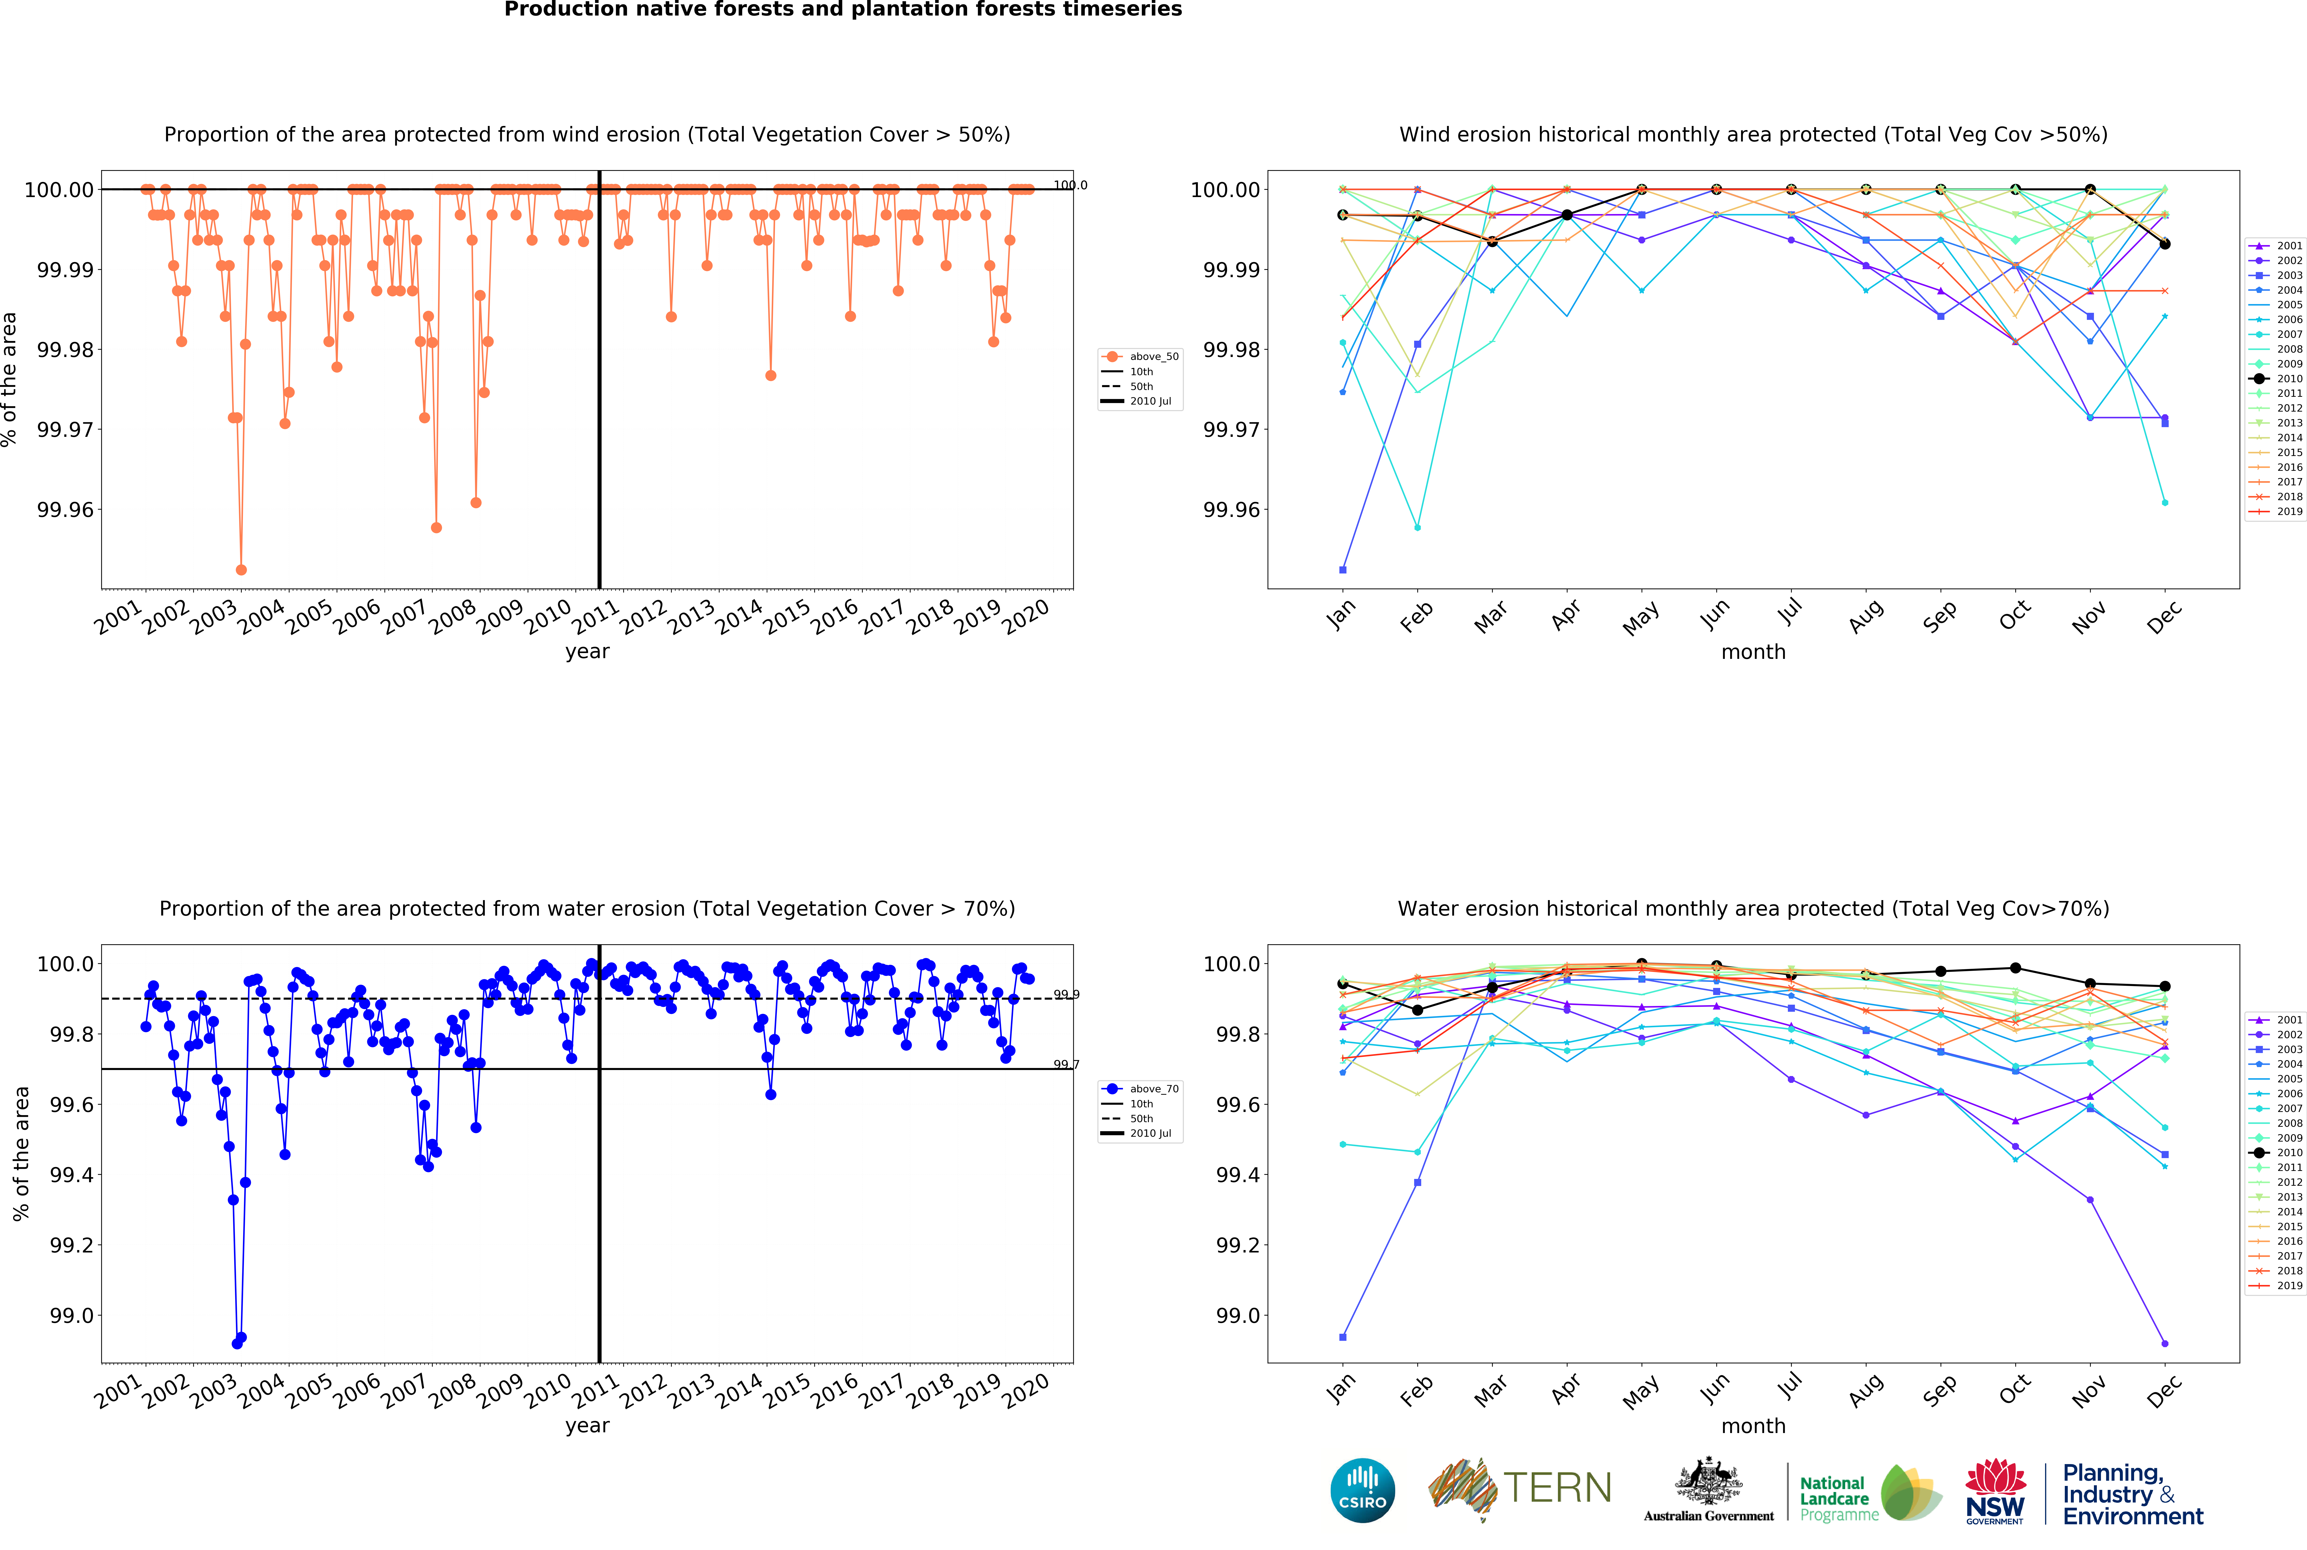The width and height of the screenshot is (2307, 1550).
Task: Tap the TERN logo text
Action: click(x=1557, y=1488)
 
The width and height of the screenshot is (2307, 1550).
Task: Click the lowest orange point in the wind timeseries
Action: click(x=241, y=570)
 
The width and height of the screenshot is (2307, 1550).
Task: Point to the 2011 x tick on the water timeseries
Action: click(x=596, y=1389)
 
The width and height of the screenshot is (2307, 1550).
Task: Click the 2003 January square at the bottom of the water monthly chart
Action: click(x=1342, y=1337)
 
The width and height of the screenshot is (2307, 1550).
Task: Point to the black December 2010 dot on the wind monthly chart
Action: click(x=2165, y=244)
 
